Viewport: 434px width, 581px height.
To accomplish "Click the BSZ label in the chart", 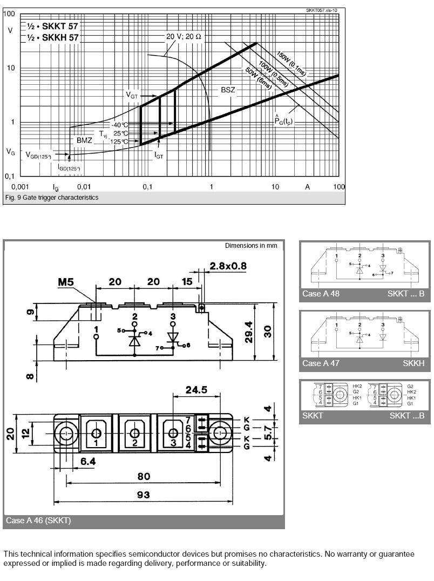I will [228, 90].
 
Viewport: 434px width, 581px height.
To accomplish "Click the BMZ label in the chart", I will [84, 140].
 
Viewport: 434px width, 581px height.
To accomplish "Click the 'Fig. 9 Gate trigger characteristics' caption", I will [51, 198].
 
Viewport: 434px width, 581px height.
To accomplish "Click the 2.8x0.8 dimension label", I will [228, 266].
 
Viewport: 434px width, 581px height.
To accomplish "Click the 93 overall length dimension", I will [143, 495].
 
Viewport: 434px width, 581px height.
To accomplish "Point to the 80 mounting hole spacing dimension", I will [143, 476].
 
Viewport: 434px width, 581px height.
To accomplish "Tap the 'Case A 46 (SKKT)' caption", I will [38, 521].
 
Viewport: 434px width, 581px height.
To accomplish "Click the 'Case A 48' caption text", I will [321, 294].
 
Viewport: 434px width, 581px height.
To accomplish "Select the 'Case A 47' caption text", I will [321, 363].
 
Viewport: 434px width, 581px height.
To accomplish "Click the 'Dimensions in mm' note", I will [251, 246].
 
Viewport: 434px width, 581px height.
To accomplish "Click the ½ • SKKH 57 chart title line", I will [53, 37].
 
